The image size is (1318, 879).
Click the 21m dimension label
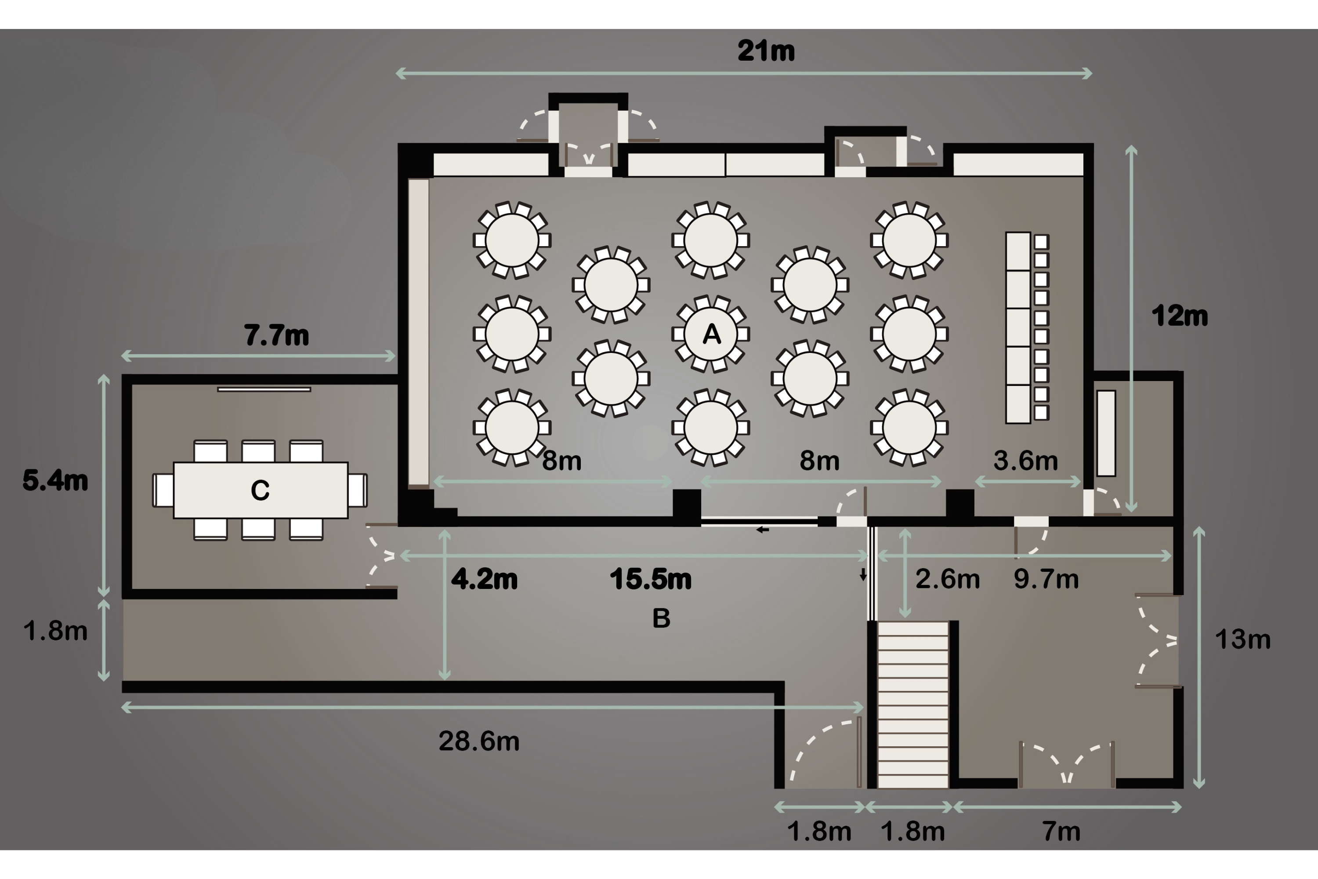[x=766, y=51]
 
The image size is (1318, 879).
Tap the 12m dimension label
[x=1180, y=316]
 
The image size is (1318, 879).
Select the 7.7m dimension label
[x=276, y=335]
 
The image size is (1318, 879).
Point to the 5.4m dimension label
[x=55, y=480]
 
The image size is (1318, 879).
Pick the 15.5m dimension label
[x=651, y=579]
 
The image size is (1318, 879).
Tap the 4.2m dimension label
[x=484, y=579]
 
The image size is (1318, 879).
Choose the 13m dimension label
[x=1242, y=639]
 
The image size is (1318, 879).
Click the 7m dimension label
[x=1061, y=832]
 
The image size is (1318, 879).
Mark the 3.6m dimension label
[x=1025, y=461]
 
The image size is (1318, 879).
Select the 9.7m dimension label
[x=1046, y=579]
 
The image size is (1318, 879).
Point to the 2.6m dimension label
[x=948, y=579]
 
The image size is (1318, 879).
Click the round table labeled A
[x=710, y=334]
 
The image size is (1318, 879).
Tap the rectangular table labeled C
[x=261, y=490]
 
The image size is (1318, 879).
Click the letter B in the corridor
[x=661, y=618]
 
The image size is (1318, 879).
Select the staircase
[x=913, y=704]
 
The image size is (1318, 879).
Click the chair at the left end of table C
[x=163, y=490]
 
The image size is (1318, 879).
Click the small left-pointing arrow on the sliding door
[x=762, y=529]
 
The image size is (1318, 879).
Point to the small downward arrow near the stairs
[x=863, y=574]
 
